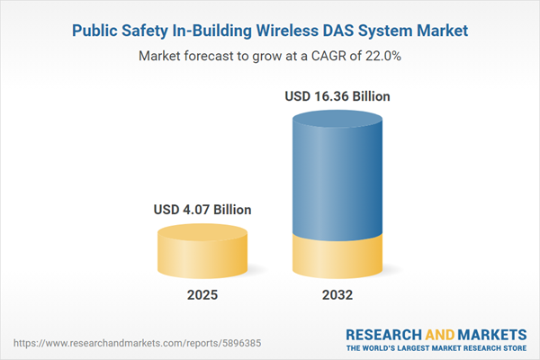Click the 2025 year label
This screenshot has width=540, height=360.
(202, 294)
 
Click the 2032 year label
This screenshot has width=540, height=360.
(339, 294)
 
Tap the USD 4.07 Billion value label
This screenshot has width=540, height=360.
(202, 210)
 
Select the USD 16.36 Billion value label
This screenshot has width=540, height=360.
(339, 95)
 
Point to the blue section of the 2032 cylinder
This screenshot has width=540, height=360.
(339, 180)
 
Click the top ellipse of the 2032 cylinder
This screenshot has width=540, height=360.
(339, 121)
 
